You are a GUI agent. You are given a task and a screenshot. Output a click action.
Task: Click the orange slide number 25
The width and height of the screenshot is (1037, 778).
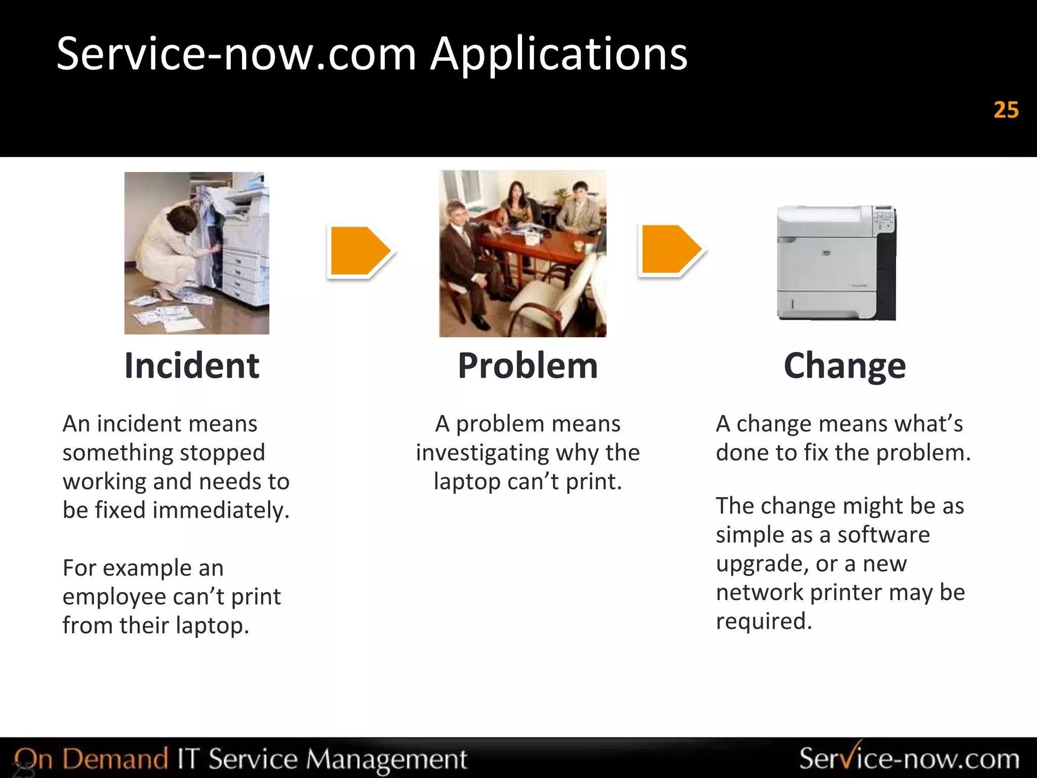tap(1006, 110)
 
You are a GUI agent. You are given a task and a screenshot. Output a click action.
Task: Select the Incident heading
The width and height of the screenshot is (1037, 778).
tap(192, 366)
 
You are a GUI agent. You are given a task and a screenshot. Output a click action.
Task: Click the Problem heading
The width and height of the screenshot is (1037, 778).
tap(528, 366)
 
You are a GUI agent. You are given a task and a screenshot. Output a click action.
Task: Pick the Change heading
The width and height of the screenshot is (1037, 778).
tap(845, 366)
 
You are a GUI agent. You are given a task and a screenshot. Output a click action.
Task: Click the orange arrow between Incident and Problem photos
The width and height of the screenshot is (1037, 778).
tap(360, 251)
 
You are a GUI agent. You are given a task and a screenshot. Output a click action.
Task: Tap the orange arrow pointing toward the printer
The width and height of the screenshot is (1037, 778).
tap(670, 250)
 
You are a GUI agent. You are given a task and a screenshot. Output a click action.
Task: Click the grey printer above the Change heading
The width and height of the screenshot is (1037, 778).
tap(836, 262)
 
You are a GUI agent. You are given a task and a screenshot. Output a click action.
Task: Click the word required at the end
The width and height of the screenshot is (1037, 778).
tap(763, 621)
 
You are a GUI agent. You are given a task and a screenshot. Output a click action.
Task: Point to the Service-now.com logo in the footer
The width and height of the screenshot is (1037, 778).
tap(909, 759)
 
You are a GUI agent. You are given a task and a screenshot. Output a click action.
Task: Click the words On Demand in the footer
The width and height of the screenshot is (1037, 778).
tap(91, 759)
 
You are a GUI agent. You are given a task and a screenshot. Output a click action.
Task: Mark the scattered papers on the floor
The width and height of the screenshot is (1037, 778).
tap(167, 312)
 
